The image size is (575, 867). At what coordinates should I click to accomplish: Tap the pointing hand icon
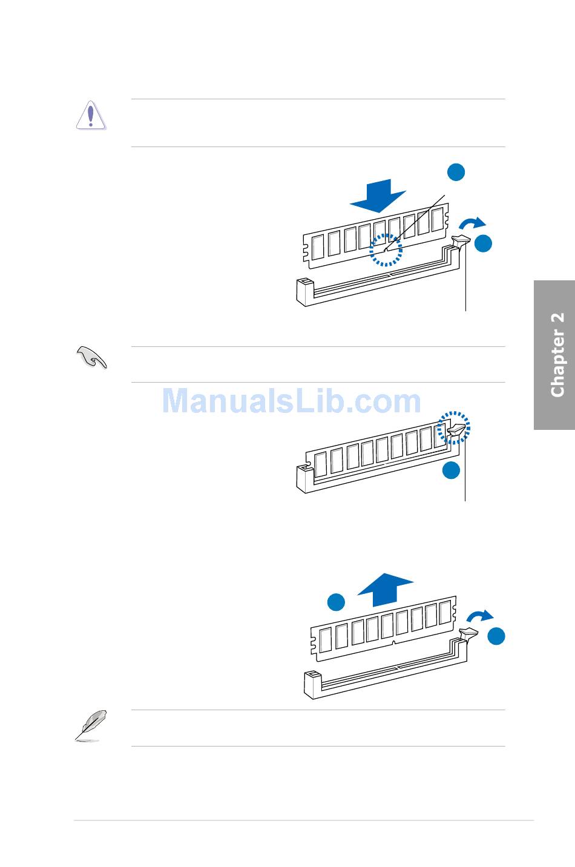[91, 357]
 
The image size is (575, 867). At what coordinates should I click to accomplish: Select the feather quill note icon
[91, 725]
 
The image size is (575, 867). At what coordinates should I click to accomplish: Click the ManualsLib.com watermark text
[292, 401]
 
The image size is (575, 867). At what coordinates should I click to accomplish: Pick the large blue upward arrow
[386, 589]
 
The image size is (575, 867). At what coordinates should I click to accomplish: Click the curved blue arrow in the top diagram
[471, 223]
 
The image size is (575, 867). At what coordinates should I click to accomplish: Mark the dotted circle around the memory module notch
[386, 250]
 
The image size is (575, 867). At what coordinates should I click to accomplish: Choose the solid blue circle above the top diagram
[456, 171]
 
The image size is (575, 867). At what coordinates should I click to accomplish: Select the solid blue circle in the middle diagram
[451, 470]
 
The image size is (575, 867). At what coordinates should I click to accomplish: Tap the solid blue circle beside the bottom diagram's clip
[497, 635]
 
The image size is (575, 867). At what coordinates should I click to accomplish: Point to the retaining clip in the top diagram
[461, 243]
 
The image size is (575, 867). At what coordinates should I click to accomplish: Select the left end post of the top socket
[304, 292]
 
